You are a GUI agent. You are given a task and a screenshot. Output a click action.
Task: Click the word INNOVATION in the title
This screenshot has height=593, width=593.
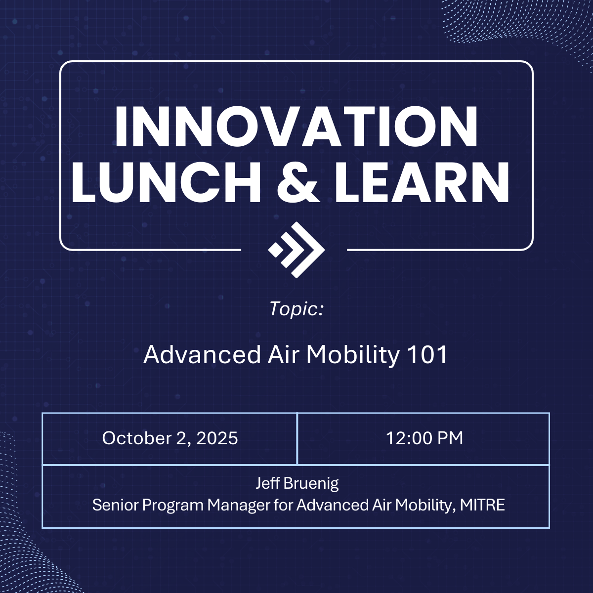296,127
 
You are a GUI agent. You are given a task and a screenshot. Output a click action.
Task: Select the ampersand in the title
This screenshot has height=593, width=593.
297,182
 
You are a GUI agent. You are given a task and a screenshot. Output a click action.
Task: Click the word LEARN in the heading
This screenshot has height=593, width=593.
422,182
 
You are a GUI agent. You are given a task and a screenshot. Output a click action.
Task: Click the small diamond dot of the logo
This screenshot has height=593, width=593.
275,250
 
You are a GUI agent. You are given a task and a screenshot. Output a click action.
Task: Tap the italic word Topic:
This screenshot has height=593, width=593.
296,309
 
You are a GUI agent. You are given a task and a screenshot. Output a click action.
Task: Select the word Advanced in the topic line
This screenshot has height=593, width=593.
202,355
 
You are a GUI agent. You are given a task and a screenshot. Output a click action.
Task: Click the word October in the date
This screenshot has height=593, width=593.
137,438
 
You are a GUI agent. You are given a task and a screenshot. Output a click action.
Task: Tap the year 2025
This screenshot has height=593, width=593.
217,438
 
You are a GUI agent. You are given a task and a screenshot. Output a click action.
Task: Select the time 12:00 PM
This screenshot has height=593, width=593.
424,438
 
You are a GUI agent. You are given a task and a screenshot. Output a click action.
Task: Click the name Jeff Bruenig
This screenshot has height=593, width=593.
297,483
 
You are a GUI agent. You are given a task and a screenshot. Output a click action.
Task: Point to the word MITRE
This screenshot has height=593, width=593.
482,505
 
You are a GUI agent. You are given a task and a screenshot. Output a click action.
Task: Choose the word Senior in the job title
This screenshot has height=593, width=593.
116,505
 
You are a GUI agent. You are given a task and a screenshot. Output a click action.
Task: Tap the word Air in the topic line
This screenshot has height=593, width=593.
284,355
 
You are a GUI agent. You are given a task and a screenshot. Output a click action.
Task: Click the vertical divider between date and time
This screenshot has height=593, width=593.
297,438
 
